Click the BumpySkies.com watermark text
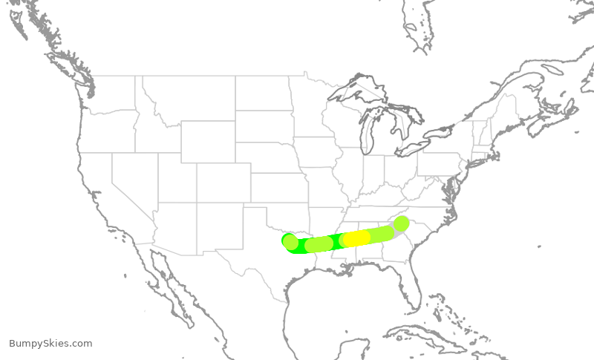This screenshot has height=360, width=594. point(50,343)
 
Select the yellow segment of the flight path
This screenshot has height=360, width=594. point(357,238)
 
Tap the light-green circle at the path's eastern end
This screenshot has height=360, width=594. point(402,223)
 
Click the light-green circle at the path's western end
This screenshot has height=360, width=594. point(290,241)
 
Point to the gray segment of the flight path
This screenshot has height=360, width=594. point(394,230)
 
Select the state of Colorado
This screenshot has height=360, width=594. point(223,183)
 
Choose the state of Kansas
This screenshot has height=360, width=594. point(279,189)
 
